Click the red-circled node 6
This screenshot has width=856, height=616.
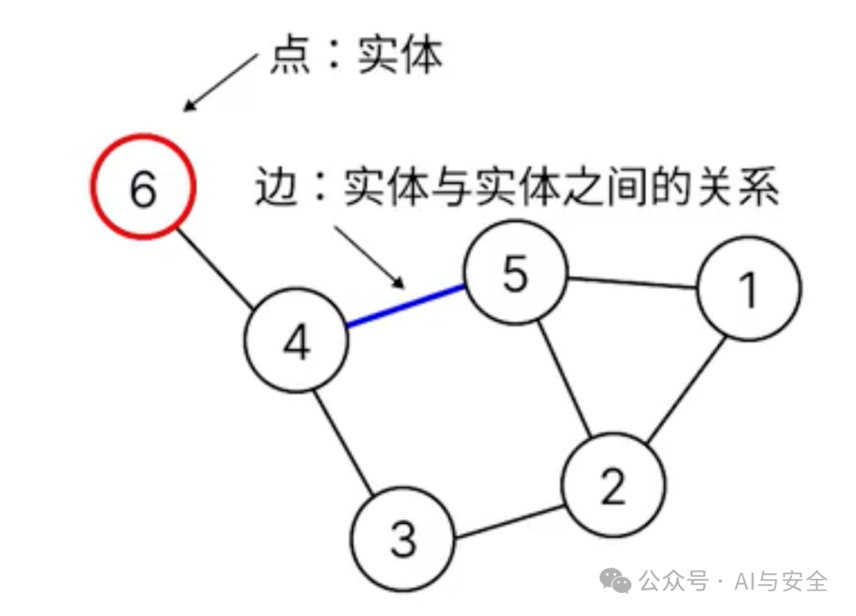coord(143,186)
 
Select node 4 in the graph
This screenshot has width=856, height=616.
coord(296,341)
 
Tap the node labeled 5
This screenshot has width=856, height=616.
coord(516,273)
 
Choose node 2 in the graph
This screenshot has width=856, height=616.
coord(613,484)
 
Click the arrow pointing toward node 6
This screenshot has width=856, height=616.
coord(221,81)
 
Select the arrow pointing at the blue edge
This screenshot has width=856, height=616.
coord(369,255)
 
